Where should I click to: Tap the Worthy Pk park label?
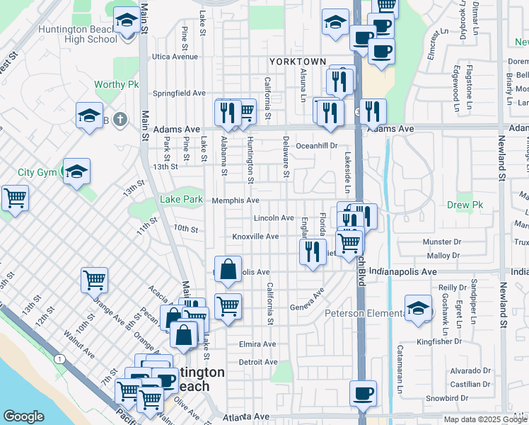click(x=117, y=85)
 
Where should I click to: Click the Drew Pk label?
click(x=465, y=205)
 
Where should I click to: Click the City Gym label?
click(x=37, y=172)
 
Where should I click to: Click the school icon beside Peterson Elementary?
click(x=418, y=308)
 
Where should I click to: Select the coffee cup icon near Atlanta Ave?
click(x=363, y=393)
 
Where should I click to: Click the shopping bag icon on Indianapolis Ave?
click(x=228, y=269)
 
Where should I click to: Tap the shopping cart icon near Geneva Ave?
click(x=228, y=306)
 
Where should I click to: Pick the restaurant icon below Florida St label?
click(x=312, y=251)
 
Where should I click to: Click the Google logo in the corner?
click(x=23, y=416)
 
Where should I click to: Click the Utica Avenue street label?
click(x=175, y=57)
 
